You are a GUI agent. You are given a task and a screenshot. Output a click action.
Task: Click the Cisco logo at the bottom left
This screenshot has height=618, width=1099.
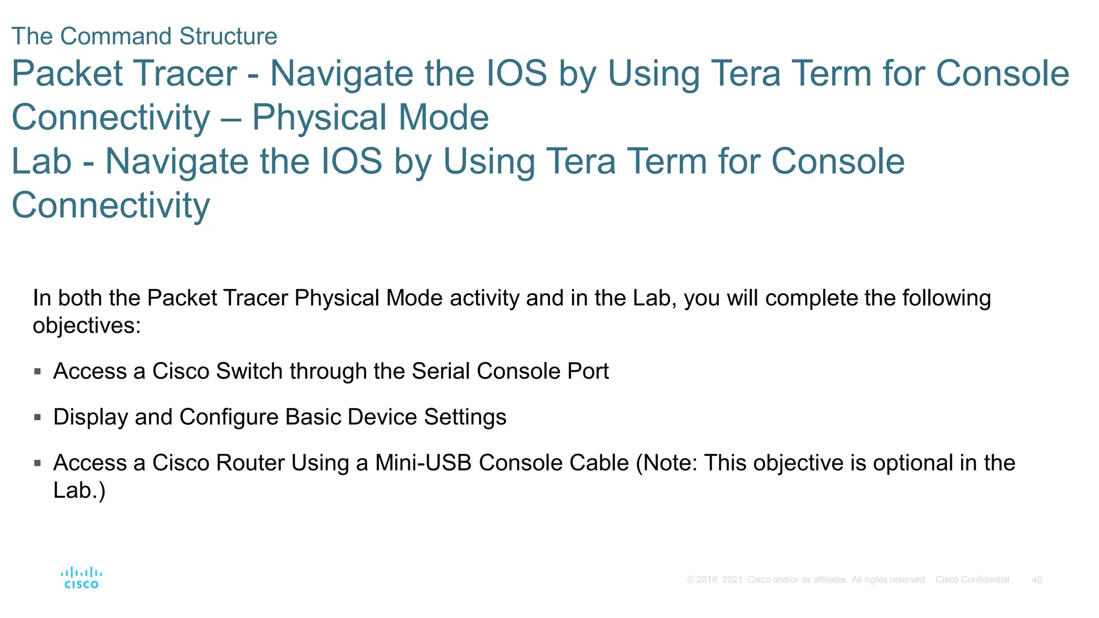(x=81, y=578)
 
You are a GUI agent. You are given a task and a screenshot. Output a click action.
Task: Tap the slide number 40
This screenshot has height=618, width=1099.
(x=1037, y=580)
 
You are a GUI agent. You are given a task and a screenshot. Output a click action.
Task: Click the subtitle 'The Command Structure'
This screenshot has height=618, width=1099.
(x=144, y=36)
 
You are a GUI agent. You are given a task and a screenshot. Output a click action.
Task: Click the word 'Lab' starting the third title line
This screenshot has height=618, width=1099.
(x=41, y=161)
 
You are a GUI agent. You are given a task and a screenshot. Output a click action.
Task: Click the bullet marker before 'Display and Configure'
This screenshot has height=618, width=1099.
(x=38, y=417)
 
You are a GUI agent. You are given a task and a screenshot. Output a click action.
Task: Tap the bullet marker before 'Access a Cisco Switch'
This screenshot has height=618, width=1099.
(x=38, y=371)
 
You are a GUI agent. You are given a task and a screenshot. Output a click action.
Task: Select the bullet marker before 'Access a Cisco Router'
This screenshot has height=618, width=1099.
(x=38, y=463)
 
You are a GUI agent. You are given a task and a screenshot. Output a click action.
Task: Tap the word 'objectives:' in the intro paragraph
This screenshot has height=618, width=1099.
(x=86, y=326)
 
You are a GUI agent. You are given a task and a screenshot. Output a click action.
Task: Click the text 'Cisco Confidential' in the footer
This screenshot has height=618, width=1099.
(x=972, y=580)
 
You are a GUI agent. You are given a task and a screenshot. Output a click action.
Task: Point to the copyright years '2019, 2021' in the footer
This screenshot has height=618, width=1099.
(x=719, y=580)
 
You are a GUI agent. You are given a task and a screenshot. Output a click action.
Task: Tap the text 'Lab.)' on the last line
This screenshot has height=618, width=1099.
(x=79, y=490)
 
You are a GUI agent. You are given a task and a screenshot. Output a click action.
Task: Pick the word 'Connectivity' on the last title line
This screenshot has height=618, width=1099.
(x=111, y=205)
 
